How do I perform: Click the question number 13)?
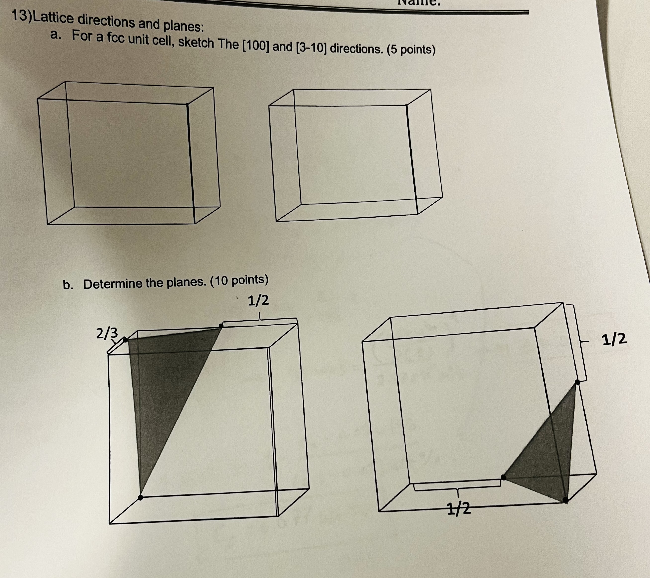(21, 17)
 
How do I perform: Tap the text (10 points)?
(239, 280)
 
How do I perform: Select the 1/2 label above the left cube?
(258, 300)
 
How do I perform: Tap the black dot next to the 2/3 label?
(126, 340)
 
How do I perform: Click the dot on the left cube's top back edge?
(221, 326)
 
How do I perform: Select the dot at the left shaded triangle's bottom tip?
(140, 497)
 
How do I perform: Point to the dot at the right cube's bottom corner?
(565, 500)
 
